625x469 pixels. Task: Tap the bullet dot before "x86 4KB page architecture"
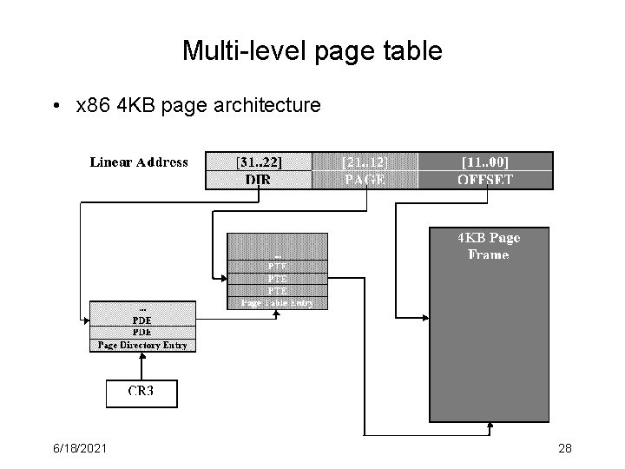tap(56, 107)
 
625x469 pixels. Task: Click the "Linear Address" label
tap(139, 162)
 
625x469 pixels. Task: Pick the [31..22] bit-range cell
tap(258, 162)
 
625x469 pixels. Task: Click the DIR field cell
tap(258, 180)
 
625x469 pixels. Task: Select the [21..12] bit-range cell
tap(364, 162)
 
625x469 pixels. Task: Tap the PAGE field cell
tap(364, 180)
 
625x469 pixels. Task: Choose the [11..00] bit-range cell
tap(484, 162)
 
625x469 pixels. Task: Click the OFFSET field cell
tap(484, 180)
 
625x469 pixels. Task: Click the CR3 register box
tap(141, 393)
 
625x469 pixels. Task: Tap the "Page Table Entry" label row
tap(278, 303)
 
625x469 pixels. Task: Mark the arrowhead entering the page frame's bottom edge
tap(490, 426)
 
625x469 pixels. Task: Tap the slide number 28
tap(564, 448)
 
